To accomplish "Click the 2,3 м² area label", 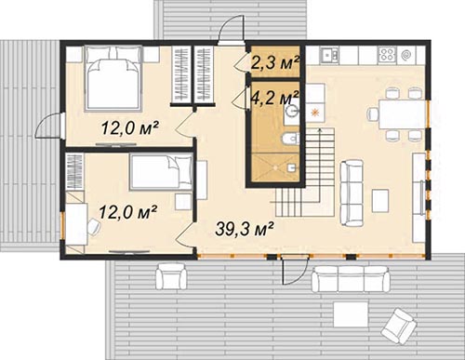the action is [x=274, y=62].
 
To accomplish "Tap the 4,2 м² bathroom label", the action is [x=274, y=97].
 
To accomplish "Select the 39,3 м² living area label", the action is [x=245, y=229].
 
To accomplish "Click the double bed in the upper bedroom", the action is [x=113, y=77].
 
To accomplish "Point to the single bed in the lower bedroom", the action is [x=161, y=172].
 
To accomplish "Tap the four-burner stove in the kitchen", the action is [x=387, y=55].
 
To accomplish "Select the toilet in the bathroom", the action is [x=290, y=139].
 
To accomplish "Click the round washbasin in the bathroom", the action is [x=292, y=111].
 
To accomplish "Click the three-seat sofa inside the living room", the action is [x=352, y=193].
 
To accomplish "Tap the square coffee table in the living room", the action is [x=380, y=201].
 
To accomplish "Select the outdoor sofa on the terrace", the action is [x=351, y=278].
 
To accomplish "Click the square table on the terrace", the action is [x=351, y=314].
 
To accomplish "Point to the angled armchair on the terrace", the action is [x=399, y=326].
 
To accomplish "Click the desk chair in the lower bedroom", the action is [x=93, y=227].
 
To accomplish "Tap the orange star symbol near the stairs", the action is [x=315, y=113].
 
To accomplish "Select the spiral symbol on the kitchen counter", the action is [x=406, y=55].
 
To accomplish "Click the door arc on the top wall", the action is [x=231, y=29].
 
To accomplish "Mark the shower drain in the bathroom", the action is [x=275, y=167].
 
